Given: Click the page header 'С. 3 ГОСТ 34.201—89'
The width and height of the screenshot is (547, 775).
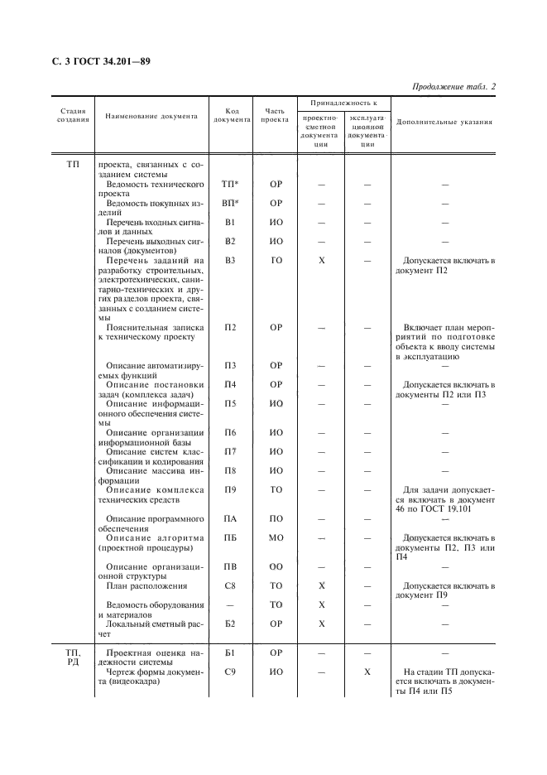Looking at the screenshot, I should click(96, 62).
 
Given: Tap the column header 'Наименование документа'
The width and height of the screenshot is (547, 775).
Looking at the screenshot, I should click(151, 117).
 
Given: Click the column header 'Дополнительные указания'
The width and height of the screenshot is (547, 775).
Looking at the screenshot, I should click(444, 122).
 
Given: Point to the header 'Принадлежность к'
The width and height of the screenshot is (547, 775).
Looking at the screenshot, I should click(343, 103).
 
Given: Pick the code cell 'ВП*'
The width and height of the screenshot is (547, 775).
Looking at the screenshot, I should click(231, 203).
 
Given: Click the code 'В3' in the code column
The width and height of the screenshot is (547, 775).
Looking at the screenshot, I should click(231, 261).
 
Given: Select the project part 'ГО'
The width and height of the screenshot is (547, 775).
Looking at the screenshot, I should click(276, 261).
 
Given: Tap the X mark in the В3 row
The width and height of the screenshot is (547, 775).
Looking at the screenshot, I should click(321, 261).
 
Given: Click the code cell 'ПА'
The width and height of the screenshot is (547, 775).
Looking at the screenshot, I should click(231, 519).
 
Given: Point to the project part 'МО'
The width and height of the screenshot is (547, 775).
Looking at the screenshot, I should click(276, 538).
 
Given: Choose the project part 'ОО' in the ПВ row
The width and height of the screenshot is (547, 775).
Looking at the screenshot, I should click(276, 567).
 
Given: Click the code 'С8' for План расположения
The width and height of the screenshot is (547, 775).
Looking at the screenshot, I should click(231, 586).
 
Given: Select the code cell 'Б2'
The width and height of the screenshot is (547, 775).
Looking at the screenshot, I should click(231, 624).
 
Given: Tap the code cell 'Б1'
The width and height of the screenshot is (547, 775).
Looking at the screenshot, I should click(231, 653).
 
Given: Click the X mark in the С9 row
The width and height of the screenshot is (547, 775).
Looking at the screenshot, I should click(367, 672).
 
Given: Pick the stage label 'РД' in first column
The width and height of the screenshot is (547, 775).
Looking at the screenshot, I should click(73, 663).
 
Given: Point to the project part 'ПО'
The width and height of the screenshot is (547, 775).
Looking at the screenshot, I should click(276, 519).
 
